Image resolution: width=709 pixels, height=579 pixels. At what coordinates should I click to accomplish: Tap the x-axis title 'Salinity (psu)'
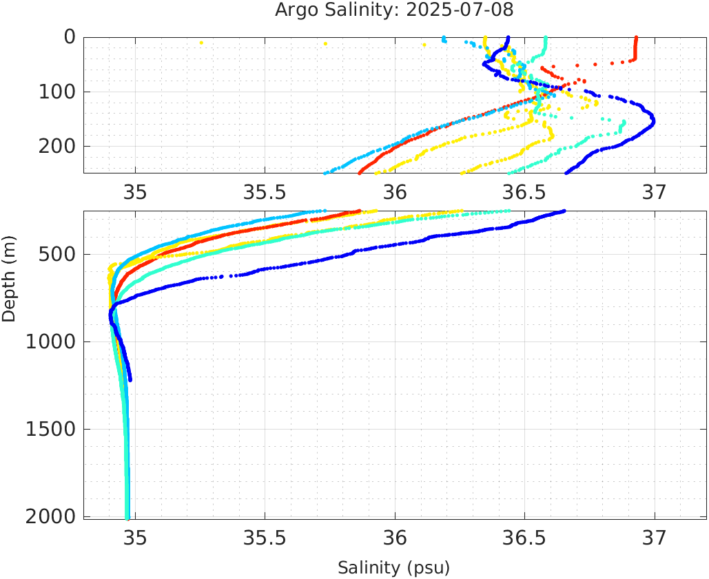(393, 568)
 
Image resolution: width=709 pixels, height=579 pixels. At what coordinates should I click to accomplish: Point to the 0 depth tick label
(70, 37)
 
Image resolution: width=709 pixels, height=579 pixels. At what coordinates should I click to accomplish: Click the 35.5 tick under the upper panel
(265, 191)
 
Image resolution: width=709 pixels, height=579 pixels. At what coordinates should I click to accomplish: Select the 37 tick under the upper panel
(655, 191)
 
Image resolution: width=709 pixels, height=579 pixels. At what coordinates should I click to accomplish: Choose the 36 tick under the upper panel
(395, 191)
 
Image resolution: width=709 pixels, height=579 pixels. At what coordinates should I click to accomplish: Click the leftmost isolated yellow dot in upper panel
(201, 43)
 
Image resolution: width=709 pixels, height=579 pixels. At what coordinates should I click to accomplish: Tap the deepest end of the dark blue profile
(130, 379)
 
